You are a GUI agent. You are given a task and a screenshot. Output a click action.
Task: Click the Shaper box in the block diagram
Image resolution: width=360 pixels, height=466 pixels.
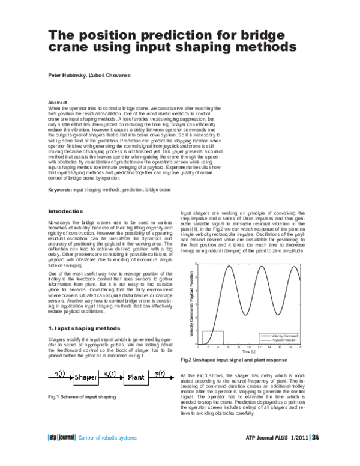(86, 378)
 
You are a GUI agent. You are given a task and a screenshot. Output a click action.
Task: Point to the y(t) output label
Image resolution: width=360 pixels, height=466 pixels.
(161, 374)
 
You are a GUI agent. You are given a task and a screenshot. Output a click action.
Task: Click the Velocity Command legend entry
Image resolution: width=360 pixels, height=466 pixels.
(281, 335)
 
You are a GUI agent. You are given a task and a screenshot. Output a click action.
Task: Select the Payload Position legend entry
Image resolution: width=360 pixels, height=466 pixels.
(281, 340)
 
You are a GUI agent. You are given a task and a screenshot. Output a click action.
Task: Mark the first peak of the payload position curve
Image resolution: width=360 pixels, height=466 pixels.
(230, 267)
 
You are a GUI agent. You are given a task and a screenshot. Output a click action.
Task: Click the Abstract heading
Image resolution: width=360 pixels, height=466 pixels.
(58, 103)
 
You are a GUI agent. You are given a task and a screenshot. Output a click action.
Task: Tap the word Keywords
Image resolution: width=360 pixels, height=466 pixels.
(59, 190)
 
